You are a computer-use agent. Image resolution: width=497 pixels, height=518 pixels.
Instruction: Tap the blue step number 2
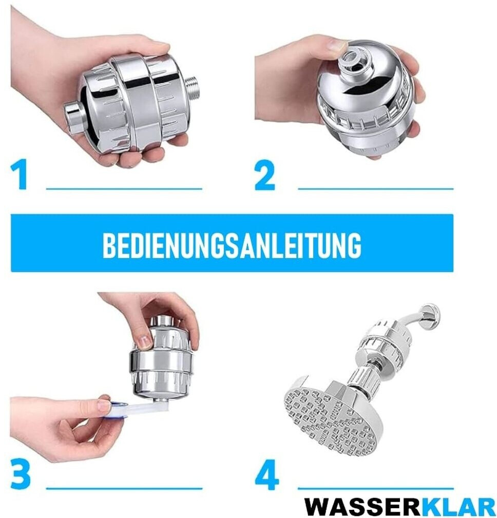pos(265,176)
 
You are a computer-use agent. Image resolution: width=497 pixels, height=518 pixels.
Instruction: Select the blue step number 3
pos(21,474)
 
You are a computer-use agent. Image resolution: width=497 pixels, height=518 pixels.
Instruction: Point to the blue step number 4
pos(266,475)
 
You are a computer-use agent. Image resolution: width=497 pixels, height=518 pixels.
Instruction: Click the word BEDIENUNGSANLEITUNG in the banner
pos(232,245)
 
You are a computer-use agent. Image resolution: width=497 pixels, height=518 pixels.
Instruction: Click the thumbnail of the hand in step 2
pos(338,45)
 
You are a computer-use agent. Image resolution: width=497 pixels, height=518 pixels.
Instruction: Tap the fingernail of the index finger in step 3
pos(144,342)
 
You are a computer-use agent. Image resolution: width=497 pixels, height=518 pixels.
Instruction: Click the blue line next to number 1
pos(124,189)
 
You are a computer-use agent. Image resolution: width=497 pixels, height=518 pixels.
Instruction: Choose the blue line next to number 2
pos(376,189)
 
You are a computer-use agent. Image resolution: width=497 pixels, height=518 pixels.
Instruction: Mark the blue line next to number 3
pos(124,488)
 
